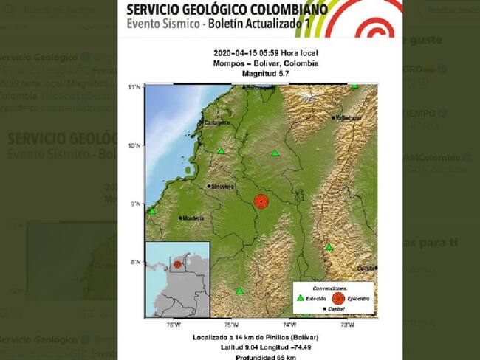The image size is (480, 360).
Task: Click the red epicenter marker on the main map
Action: pyautogui.click(x=261, y=201)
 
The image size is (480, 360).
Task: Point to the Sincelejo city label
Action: pyautogui.click(x=222, y=187)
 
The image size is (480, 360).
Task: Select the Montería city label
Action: pyautogui.click(x=193, y=218)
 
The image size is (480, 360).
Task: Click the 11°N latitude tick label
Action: pyautogui.click(x=134, y=87)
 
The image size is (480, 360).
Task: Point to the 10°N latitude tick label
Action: pyautogui.click(x=134, y=146)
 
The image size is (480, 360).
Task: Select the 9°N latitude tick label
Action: pyautogui.click(x=136, y=204)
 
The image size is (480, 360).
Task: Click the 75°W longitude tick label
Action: pyautogui.click(x=231, y=324)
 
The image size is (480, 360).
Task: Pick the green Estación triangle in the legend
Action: pyautogui.click(x=300, y=298)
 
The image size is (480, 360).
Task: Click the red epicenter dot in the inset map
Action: pyautogui.click(x=177, y=264)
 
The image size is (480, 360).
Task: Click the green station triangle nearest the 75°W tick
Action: pyautogui.click(x=240, y=291)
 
